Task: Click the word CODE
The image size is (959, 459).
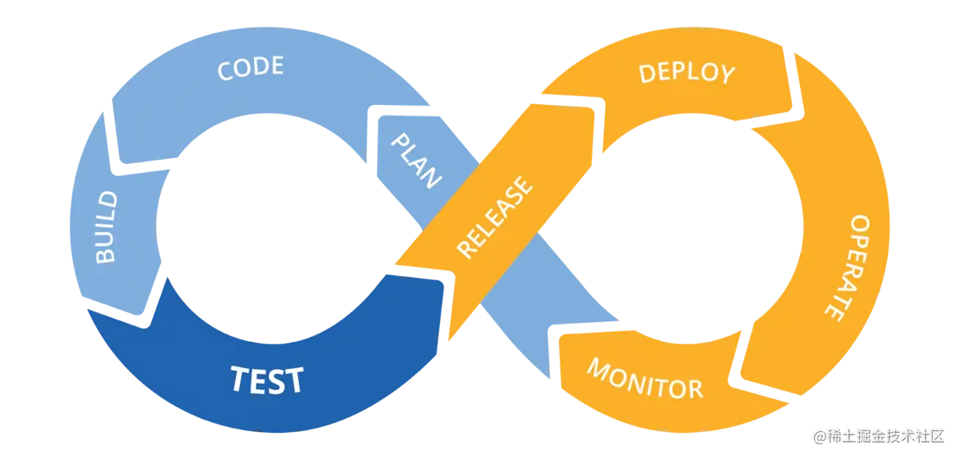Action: (x=250, y=69)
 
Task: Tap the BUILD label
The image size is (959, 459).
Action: (x=107, y=227)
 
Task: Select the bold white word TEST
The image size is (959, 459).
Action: (x=266, y=380)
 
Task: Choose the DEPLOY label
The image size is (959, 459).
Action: (x=687, y=73)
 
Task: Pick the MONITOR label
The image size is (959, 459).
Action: (x=644, y=378)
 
